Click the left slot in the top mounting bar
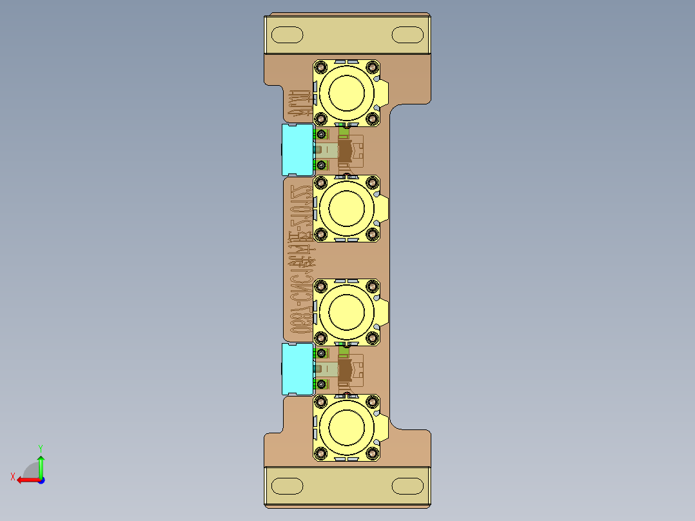click(287, 34)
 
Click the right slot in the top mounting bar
click(407, 34)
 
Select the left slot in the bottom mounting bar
click(287, 485)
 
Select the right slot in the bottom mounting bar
click(407, 485)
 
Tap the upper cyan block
click(297, 150)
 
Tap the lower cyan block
click(297, 368)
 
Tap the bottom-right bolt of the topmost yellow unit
click(372, 118)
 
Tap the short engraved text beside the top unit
click(299, 101)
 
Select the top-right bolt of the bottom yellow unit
click(372, 402)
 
